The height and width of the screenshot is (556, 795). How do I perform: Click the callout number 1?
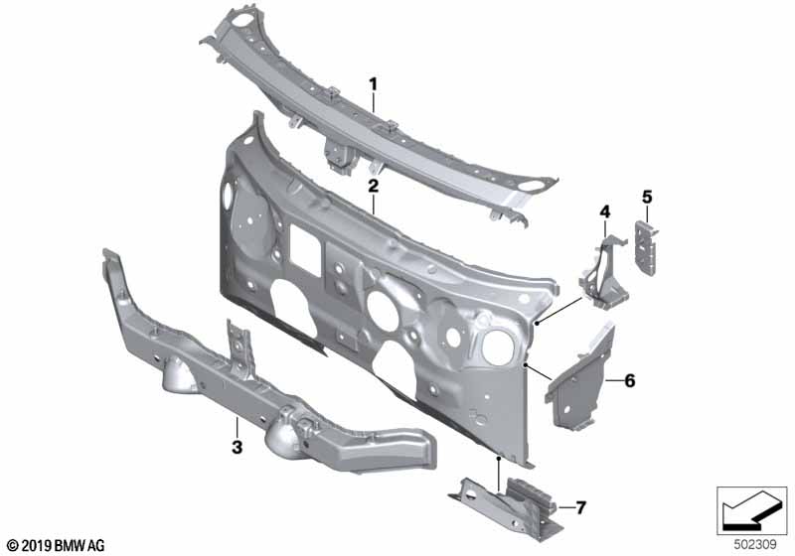(x=374, y=84)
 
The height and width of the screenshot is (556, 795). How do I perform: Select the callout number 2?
(x=374, y=186)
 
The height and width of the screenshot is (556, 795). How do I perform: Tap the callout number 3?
(x=237, y=447)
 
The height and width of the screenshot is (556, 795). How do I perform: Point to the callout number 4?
(x=605, y=212)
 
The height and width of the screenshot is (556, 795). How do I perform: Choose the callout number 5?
(x=647, y=197)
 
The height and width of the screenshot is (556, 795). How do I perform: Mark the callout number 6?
(x=630, y=380)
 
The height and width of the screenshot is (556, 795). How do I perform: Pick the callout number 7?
(x=581, y=507)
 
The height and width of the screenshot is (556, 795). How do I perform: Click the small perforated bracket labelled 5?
(x=645, y=248)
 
